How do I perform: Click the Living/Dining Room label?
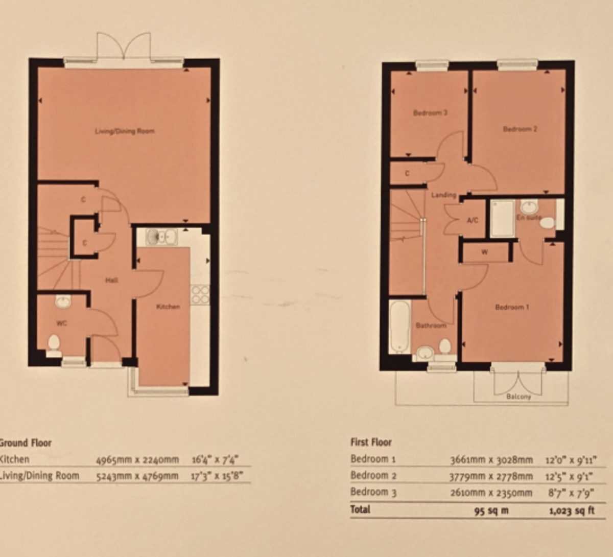125,131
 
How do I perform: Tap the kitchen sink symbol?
161,237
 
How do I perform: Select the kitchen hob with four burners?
200,294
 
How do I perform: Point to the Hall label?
111,280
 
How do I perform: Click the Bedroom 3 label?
430,113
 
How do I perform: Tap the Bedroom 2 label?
520,129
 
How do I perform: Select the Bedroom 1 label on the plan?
512,307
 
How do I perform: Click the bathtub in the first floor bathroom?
399,327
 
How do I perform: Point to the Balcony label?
518,397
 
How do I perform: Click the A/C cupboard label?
473,220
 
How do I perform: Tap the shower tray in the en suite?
502,219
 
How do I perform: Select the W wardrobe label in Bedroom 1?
484,252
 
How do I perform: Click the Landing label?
443,195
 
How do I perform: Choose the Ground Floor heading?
26,443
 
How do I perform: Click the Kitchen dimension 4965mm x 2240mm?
138,459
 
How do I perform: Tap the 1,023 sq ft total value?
572,510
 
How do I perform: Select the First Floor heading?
371,442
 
